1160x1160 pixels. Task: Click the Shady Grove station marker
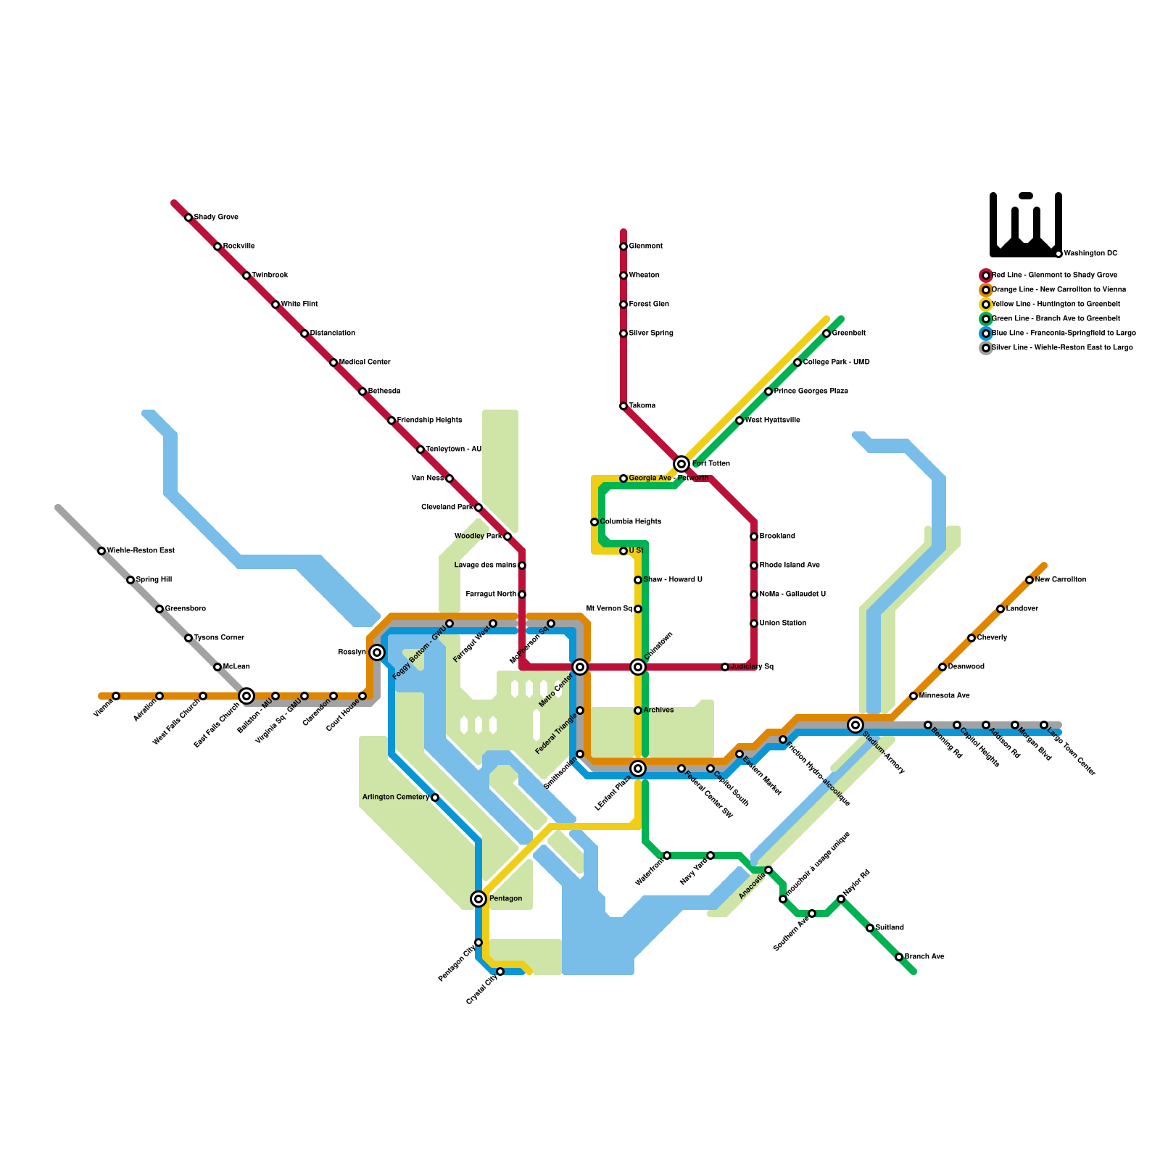click(x=188, y=217)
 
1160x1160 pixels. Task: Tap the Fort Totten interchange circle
click(x=681, y=464)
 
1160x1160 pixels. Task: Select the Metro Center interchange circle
click(x=580, y=667)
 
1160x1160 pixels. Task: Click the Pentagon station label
click(x=505, y=899)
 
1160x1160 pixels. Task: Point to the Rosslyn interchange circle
click(x=377, y=652)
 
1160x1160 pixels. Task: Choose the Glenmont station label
click(x=645, y=246)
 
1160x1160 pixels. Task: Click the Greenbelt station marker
click(x=826, y=333)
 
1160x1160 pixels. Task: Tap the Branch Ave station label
click(x=924, y=957)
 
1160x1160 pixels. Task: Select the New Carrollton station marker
click(x=1029, y=580)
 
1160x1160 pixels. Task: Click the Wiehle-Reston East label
click(x=141, y=551)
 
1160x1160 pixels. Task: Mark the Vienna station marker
click(x=116, y=696)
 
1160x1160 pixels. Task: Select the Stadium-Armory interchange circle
click(x=855, y=725)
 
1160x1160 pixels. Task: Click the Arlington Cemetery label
click(x=395, y=797)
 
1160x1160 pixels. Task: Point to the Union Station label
click(x=783, y=623)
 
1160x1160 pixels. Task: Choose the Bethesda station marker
click(x=362, y=391)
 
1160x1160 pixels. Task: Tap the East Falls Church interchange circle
click(x=246, y=696)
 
